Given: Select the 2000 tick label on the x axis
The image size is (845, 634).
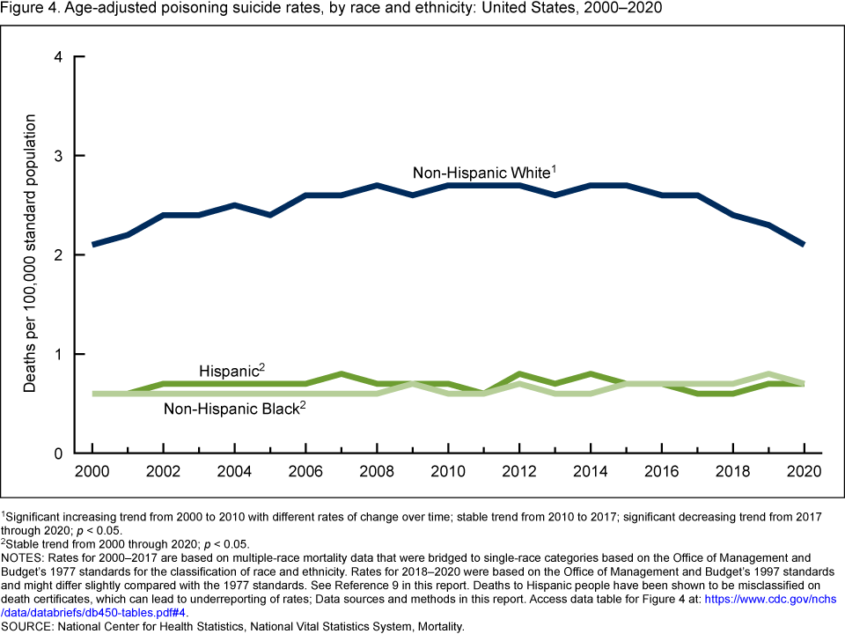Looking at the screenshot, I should (x=92, y=471).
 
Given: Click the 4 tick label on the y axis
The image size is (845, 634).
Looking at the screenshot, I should (x=58, y=57).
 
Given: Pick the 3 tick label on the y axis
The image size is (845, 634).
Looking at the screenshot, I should (x=58, y=156).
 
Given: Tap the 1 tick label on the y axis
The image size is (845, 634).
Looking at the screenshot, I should (x=58, y=354).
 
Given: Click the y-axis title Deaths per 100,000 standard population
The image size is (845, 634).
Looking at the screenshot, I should (x=31, y=254).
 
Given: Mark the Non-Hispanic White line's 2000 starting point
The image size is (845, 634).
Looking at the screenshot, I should (x=92, y=245).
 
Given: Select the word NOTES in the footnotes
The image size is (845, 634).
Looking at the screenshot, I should (x=26, y=557).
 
